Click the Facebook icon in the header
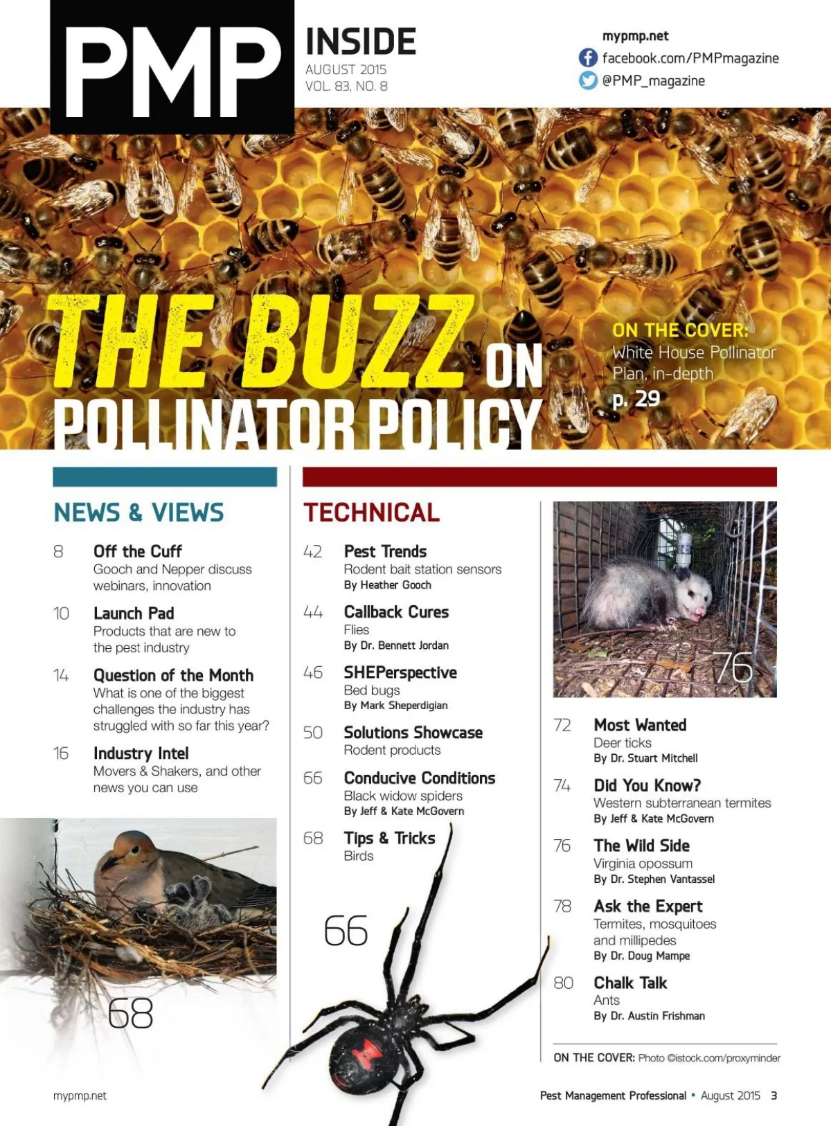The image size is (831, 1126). [588, 57]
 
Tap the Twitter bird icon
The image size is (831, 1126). [588, 80]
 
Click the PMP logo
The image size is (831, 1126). [172, 69]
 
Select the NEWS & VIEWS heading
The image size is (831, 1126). [138, 512]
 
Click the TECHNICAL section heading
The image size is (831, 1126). [371, 512]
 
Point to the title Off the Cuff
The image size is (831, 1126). [137, 551]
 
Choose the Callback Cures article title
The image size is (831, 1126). [396, 612]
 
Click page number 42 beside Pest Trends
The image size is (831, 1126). [313, 552]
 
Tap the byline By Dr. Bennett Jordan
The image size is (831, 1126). [396, 645]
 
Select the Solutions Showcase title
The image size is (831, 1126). [413, 733]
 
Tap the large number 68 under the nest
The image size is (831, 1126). [130, 1014]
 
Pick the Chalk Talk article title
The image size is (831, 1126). [630, 983]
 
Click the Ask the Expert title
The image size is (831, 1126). [647, 906]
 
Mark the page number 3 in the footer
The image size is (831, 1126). [774, 1096]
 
